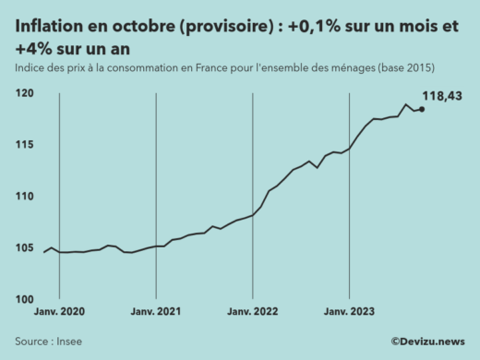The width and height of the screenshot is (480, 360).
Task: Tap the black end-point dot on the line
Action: (x=422, y=109)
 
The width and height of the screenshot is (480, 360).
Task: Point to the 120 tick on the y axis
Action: (x=25, y=94)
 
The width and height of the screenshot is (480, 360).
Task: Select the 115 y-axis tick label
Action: (x=25, y=145)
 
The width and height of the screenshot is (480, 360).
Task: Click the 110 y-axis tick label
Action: (x=25, y=197)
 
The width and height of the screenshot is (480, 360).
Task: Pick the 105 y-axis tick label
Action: (x=25, y=247)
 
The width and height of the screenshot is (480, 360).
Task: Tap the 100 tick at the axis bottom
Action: (x=25, y=299)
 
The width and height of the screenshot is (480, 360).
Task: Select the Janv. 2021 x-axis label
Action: (x=156, y=312)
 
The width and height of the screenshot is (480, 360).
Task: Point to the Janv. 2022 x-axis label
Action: (x=253, y=312)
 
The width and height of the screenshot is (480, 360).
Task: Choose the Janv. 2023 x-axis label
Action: (x=349, y=312)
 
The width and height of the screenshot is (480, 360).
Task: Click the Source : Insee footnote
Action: (x=48, y=342)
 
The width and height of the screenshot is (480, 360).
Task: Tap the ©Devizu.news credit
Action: (x=427, y=342)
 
